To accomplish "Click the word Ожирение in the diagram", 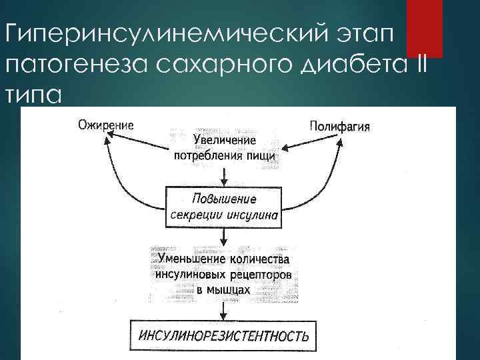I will (x=105, y=125).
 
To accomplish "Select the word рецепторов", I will (x=262, y=274).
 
